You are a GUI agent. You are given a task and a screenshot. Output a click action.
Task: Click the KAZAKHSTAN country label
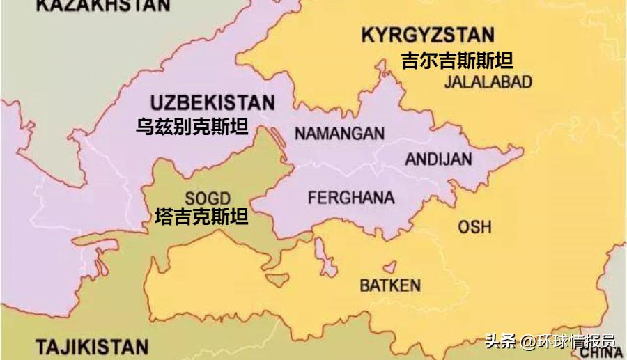click(102, 6)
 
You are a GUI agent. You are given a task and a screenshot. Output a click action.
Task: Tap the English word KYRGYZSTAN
click(428, 35)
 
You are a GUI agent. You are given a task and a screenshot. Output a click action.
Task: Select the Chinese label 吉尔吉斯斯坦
click(456, 60)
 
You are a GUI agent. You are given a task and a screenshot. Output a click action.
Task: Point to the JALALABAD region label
click(488, 82)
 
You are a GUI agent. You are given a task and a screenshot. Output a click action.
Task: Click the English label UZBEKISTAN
click(212, 103)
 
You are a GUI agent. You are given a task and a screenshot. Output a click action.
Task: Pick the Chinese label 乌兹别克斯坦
click(192, 127)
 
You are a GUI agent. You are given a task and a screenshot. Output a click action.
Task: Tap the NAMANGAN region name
click(339, 133)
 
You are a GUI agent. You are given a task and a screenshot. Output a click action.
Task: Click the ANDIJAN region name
click(438, 159)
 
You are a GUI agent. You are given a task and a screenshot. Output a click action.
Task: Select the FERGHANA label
click(350, 197)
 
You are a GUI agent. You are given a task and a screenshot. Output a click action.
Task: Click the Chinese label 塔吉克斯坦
click(201, 217)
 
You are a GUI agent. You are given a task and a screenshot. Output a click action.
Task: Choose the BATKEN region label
click(389, 285)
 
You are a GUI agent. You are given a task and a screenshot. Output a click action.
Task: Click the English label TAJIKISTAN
click(92, 347)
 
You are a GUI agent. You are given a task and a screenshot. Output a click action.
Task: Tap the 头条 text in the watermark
click(501, 342)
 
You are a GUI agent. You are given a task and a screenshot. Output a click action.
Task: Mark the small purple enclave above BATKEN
click(389, 267)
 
